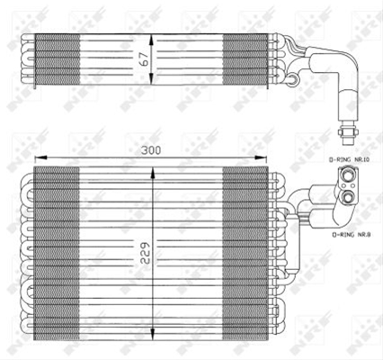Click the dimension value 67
(x=145, y=59)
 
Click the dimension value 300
(x=151, y=150)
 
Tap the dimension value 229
(x=146, y=253)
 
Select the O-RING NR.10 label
(x=349, y=160)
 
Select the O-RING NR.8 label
(x=351, y=235)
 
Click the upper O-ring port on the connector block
(x=348, y=175)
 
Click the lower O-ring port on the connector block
(x=348, y=197)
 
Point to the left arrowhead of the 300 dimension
(x=40, y=157)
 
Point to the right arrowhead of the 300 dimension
(x=261, y=157)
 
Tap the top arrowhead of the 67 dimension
(x=151, y=40)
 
